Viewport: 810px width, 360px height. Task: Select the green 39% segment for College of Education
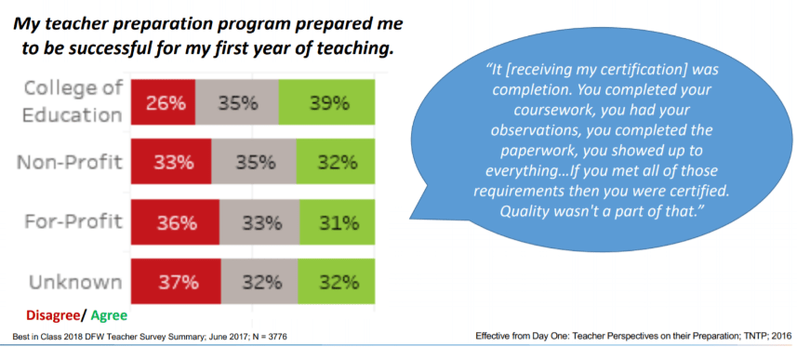pos(327,103)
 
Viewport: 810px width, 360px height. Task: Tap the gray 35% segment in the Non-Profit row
pos(254,162)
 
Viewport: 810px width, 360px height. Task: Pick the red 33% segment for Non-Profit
pos(171,162)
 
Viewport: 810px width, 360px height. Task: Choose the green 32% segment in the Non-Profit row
pos(336,162)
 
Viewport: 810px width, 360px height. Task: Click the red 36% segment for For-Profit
pos(175,222)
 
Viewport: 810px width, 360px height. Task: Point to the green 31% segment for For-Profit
pos(337,222)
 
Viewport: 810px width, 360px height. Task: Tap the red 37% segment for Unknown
pos(176,282)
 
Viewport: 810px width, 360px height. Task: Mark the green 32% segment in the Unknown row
pos(336,282)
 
